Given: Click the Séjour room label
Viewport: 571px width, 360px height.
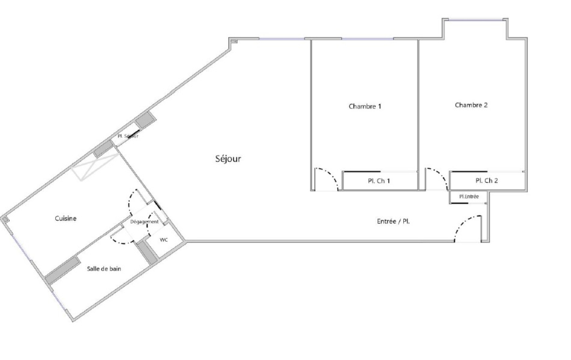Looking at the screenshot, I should coord(228,159).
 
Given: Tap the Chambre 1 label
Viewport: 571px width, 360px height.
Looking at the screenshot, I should coord(365,106).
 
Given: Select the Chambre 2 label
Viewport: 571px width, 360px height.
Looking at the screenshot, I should coord(471,105).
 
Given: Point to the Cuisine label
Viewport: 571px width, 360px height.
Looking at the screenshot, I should coord(66,218).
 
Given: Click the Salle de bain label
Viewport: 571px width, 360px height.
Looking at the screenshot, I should coord(104,269).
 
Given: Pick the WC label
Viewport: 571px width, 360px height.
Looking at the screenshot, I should coord(164,240).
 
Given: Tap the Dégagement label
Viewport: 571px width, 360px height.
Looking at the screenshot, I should coord(144,222).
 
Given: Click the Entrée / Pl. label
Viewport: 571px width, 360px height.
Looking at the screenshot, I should coord(393,221).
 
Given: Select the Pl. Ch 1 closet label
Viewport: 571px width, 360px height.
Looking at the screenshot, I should coord(379,181).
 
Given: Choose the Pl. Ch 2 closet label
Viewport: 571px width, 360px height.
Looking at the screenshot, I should coord(487,181).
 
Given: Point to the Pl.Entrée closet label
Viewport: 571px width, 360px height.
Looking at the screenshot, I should coord(469,197).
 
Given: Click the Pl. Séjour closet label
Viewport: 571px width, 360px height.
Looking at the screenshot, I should coord(128,136).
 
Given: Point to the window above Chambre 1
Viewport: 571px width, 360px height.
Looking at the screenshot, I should coord(367,39).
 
